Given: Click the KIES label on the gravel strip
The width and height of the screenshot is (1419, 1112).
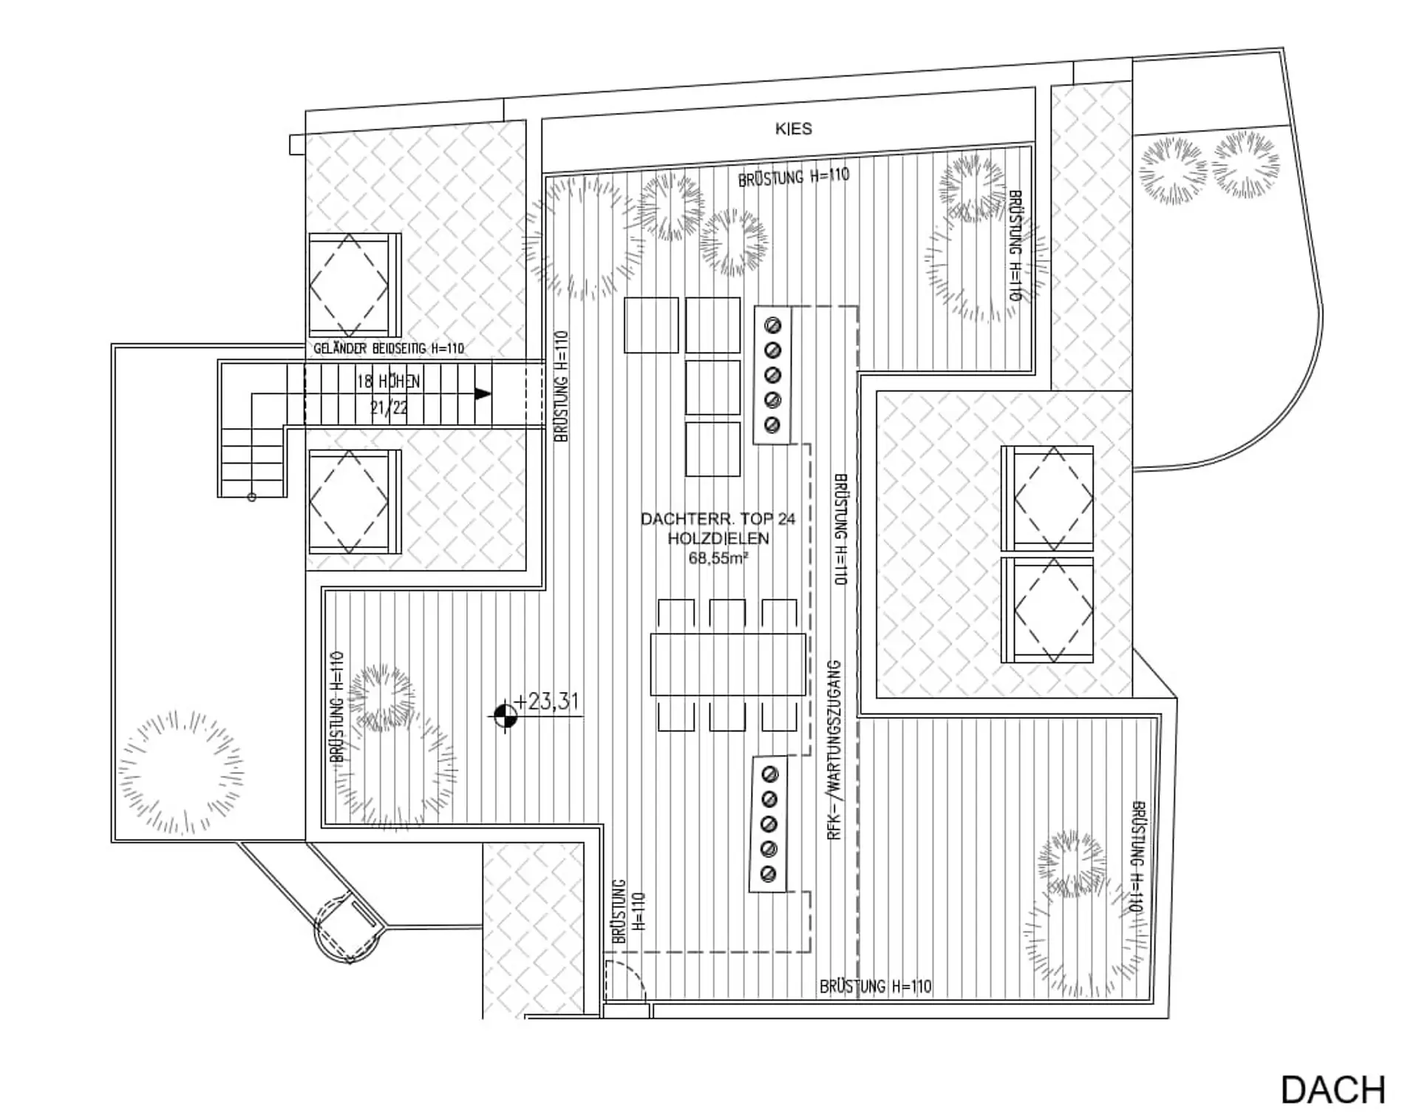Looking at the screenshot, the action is tap(793, 129).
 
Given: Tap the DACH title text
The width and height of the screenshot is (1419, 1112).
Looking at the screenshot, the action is tap(1333, 1090).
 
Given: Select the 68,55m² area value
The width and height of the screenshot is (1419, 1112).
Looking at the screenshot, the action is tap(718, 558).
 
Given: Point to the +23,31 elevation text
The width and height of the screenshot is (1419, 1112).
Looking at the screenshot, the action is tap(547, 701).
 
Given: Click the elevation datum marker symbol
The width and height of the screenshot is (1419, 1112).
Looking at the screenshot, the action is tap(506, 716).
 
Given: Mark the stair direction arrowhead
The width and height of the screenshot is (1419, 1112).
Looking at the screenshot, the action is tap(483, 393).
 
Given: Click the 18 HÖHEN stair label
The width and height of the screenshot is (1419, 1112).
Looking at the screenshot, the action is tap(388, 382).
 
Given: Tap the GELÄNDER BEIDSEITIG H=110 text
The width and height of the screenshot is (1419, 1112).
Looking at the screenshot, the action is tap(389, 348).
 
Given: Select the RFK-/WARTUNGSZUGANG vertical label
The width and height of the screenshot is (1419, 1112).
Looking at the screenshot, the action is tap(834, 750).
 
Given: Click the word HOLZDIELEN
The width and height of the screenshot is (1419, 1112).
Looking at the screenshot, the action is tap(718, 538).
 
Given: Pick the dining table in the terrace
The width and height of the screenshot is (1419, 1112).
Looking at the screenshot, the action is tap(728, 664).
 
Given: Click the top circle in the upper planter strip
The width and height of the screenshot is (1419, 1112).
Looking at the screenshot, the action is tap(773, 325).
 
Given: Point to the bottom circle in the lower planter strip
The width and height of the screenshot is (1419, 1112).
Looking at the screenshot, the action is tap(768, 874).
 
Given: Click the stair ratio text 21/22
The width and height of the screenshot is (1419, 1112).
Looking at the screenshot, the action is tap(389, 407).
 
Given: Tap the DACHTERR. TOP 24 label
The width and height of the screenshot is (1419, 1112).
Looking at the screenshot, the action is tap(718, 519).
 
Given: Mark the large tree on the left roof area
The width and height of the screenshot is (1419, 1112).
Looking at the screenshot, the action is tap(181, 773).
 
